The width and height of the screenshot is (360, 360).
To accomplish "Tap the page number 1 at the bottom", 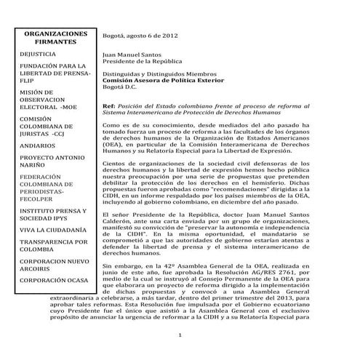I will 180,335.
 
